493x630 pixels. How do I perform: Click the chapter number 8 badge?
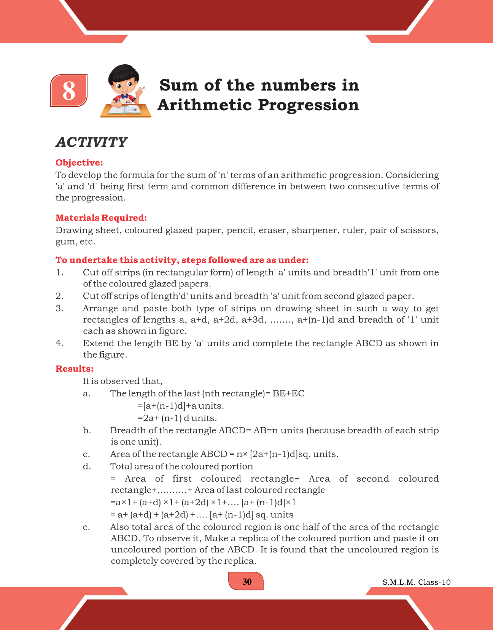pyautogui.click(x=69, y=91)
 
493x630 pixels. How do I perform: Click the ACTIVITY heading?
pyautogui.click(x=91, y=142)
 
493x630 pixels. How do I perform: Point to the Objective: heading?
pyautogui.click(x=79, y=163)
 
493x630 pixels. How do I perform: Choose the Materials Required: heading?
pyautogui.click(x=101, y=218)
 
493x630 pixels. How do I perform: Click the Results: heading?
pyautogui.click(x=74, y=369)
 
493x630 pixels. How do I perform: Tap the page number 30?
pyautogui.click(x=247, y=582)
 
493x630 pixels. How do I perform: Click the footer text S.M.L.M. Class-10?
pyautogui.click(x=416, y=582)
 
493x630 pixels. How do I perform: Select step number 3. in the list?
pyautogui.click(x=59, y=309)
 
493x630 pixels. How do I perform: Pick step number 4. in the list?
pyautogui.click(x=59, y=343)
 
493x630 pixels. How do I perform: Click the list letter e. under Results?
pyautogui.click(x=86, y=527)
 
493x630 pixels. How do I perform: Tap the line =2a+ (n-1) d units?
pyautogui.click(x=177, y=418)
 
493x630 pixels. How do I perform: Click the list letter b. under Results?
pyautogui.click(x=87, y=431)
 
